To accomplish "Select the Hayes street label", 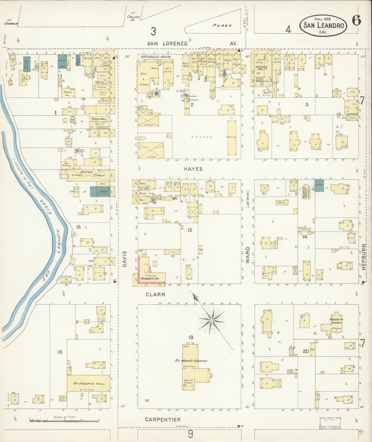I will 193,169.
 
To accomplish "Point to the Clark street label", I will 156,294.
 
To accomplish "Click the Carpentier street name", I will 163,420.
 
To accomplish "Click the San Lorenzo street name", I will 167,44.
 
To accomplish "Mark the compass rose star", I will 211,320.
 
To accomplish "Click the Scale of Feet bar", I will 64,421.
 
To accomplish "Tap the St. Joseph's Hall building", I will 88,383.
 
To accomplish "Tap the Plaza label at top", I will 222,26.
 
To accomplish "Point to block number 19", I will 191,337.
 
